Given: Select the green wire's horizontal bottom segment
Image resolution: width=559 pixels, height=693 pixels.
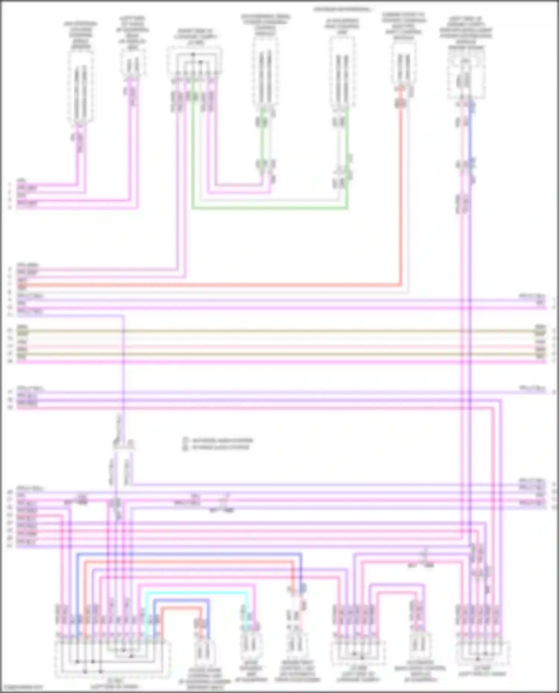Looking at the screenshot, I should pos(268,208).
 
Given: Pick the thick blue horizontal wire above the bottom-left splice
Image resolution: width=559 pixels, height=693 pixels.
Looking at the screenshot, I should pos(186,554).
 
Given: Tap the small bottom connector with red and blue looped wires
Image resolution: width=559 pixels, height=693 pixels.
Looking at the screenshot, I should pos(204,650).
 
